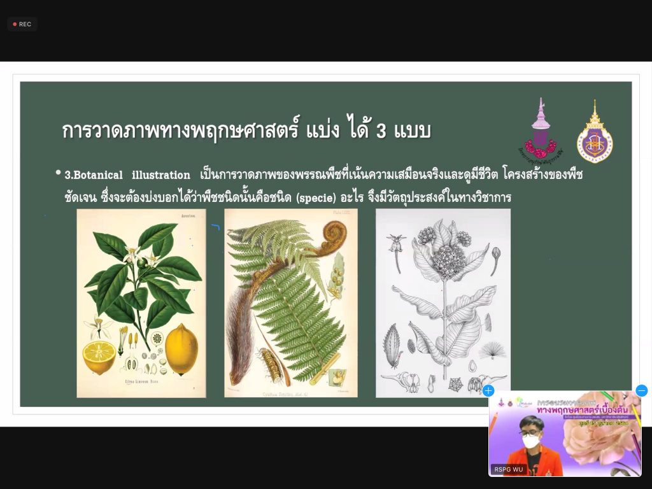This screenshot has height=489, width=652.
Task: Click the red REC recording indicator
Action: (22, 24)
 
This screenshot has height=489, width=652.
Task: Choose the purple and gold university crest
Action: (595, 134)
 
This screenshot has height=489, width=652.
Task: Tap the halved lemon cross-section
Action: (99, 356)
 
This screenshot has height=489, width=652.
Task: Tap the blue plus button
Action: (488, 390)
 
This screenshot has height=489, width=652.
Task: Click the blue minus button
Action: (641, 390)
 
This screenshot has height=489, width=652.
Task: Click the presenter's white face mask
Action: (531, 441)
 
